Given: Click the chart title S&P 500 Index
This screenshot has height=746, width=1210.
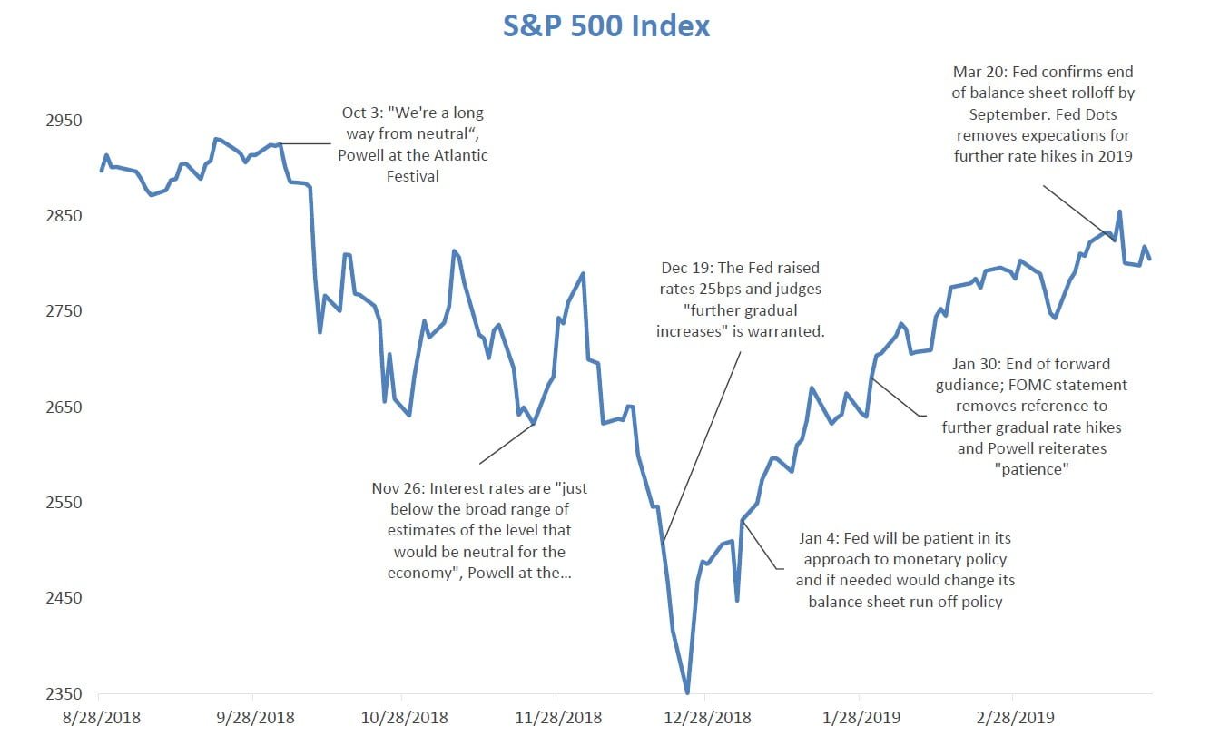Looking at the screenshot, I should pos(606,25).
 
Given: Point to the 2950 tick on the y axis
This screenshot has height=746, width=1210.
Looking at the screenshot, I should pos(64,121).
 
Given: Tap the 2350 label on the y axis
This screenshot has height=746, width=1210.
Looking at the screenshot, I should pos(64,694).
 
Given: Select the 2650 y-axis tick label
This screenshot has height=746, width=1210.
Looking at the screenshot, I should pos(64,407).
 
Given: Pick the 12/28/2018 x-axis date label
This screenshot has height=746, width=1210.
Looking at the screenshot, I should pos(713,717).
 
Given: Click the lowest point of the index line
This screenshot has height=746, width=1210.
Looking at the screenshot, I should pos(687,692).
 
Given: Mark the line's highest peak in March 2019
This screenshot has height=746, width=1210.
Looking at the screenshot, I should pos(1119,212).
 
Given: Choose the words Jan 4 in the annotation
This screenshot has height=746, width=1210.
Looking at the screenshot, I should pos(822,538).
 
